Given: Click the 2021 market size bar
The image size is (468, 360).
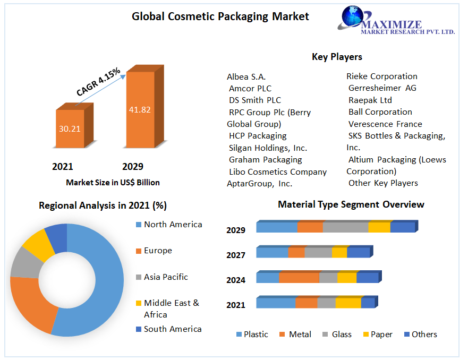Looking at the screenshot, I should (70, 128).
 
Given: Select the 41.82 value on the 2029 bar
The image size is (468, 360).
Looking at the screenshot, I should (140, 110).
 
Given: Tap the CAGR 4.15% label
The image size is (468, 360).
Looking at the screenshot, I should (98, 82).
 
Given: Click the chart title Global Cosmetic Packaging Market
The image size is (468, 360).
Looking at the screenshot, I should (220, 16).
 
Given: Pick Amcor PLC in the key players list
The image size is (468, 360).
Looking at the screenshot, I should (250, 89).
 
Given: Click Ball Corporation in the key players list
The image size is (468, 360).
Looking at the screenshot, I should (380, 112).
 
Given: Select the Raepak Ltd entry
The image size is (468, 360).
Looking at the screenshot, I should (370, 100).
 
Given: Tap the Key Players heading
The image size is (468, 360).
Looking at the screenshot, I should (337, 57).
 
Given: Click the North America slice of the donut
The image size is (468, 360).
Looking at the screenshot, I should (106, 287).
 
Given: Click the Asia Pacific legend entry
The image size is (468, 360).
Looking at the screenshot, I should (165, 277).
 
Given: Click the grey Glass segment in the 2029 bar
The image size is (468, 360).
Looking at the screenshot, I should (345, 227).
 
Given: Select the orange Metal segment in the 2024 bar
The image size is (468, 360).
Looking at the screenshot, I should (299, 278).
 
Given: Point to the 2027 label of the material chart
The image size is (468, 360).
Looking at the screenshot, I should (236, 255).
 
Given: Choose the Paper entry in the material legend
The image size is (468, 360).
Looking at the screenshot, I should (381, 335).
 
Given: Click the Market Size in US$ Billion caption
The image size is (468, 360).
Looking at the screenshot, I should (113, 183).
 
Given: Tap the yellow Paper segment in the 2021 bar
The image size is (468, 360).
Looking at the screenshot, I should (348, 303).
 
